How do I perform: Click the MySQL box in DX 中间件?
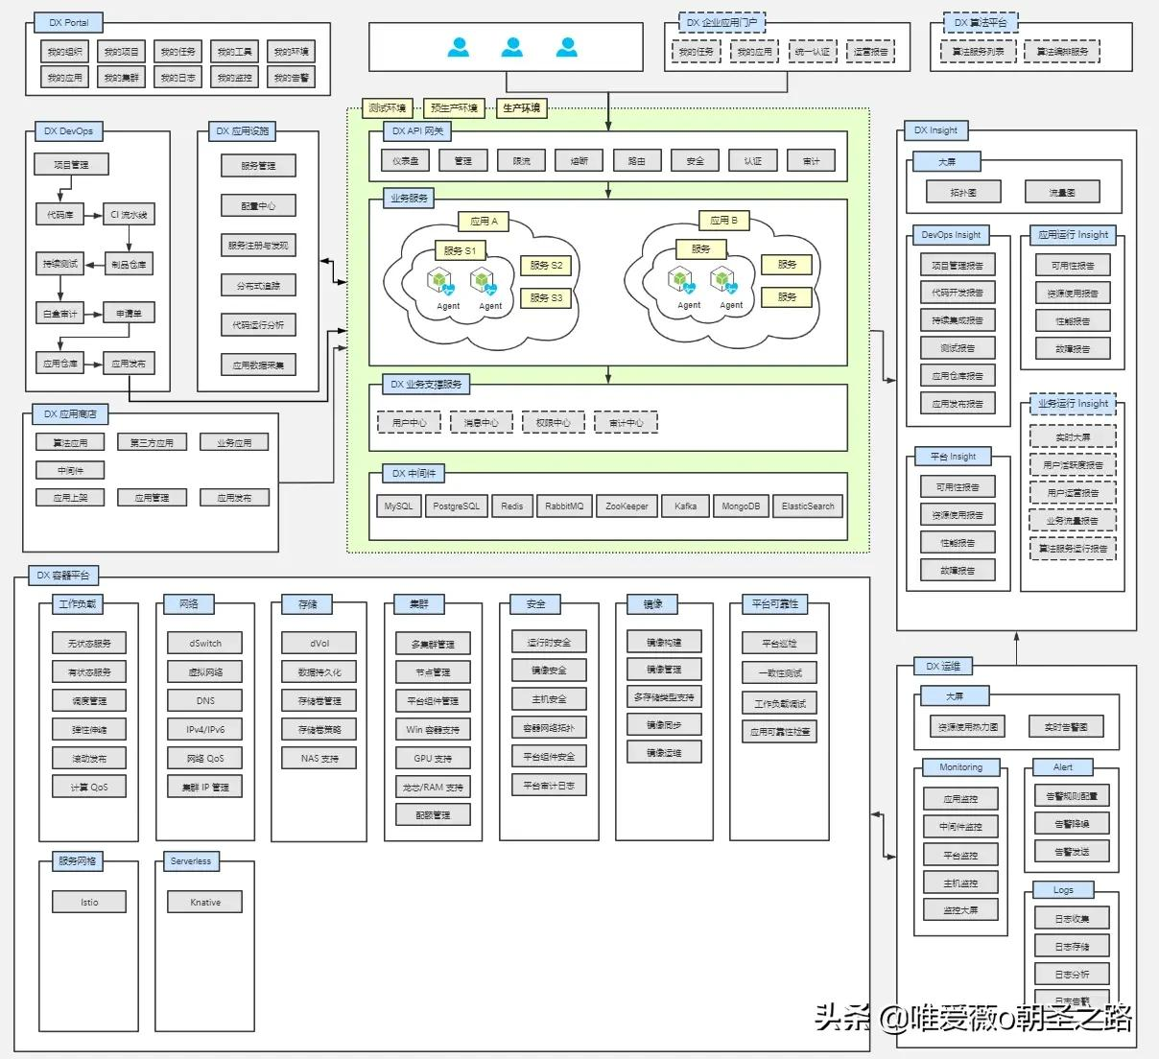click(x=398, y=506)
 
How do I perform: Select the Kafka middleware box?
click(x=685, y=506)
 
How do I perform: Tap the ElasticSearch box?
click(x=808, y=506)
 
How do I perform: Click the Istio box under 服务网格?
click(x=89, y=902)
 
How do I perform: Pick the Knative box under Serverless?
click(x=205, y=902)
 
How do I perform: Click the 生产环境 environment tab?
click(x=521, y=108)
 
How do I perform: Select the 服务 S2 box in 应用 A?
click(x=546, y=265)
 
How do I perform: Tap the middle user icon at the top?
click(x=513, y=46)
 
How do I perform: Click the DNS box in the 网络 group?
click(x=205, y=700)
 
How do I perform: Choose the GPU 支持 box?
click(x=433, y=758)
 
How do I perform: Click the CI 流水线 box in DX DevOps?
click(x=129, y=215)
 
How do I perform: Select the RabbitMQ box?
click(x=563, y=506)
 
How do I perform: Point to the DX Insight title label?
click(x=935, y=129)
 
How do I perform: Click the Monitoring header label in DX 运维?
click(x=960, y=767)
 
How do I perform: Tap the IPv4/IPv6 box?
click(x=205, y=729)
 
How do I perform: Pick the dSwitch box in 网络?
click(x=205, y=643)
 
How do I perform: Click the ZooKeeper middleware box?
click(x=627, y=506)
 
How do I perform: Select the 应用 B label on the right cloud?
click(x=723, y=221)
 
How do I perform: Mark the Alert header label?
click(x=1062, y=767)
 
